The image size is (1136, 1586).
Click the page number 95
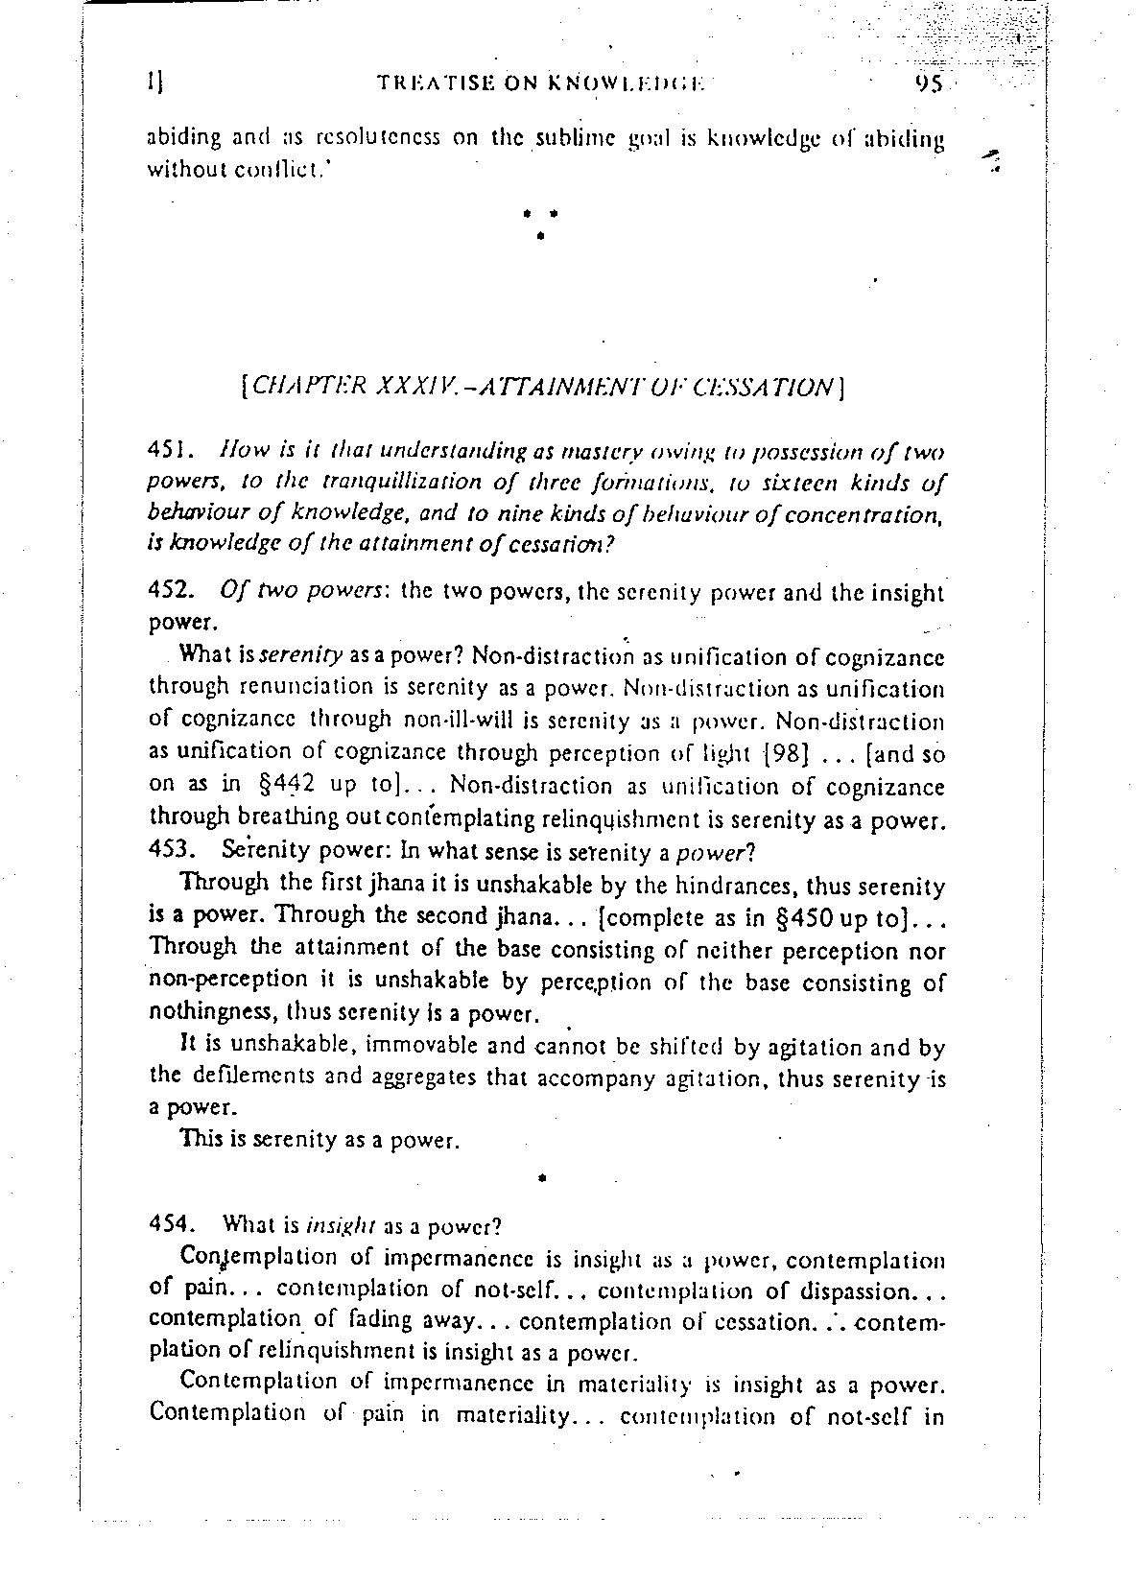coord(929,83)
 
